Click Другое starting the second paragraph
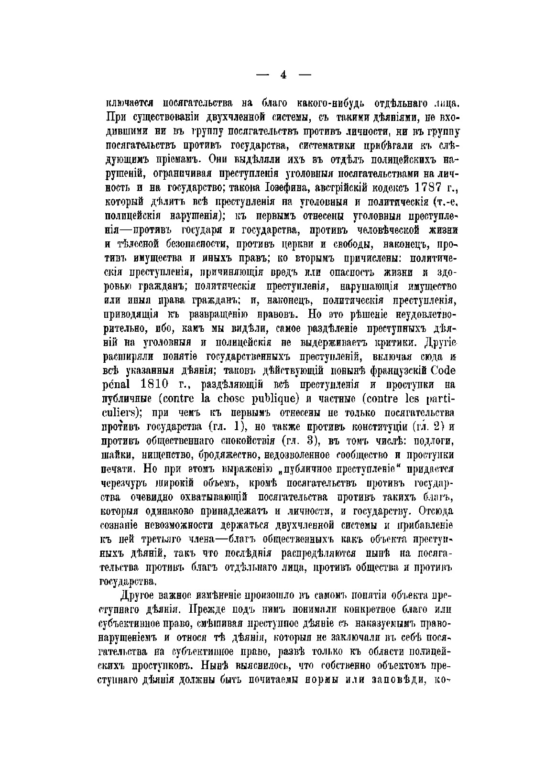click(135, 596)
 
